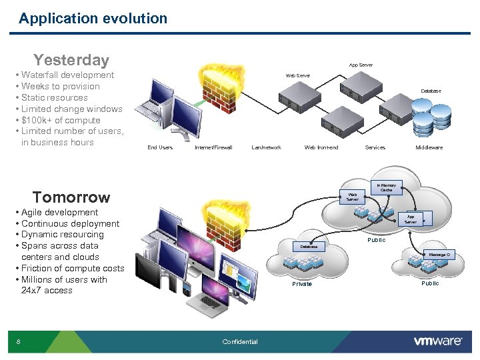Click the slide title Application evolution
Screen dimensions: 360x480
(x=93, y=19)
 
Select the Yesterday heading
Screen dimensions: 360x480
(x=71, y=60)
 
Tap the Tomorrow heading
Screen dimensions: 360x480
(x=71, y=197)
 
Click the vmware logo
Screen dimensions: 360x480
(x=438, y=341)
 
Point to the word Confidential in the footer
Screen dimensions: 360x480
(x=240, y=342)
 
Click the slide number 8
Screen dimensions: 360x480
(x=19, y=342)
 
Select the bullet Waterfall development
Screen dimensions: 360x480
(x=67, y=75)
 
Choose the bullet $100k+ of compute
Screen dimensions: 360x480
(x=61, y=120)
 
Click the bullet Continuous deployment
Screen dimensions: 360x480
(x=70, y=224)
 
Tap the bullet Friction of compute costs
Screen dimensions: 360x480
(x=72, y=269)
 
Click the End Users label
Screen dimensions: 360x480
(x=160, y=147)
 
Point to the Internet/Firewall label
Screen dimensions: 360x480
(x=213, y=147)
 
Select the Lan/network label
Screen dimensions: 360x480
(x=267, y=147)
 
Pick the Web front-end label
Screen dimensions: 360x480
(x=321, y=147)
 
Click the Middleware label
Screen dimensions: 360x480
(x=429, y=147)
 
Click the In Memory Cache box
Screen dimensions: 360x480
(x=386, y=188)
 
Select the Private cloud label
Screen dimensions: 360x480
(x=302, y=284)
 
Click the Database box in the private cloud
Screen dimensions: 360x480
(x=308, y=246)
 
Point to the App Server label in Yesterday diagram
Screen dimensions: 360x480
(x=361, y=65)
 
